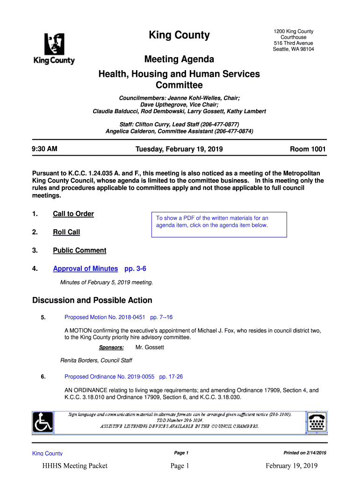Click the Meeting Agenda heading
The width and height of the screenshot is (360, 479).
[179, 59]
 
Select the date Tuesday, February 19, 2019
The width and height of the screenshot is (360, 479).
[179, 149]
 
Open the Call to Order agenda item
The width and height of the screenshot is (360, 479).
[73, 214]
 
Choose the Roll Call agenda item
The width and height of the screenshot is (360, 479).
[66, 232]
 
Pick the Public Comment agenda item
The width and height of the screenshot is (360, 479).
[79, 250]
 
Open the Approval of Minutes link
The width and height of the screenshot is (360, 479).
[86, 269]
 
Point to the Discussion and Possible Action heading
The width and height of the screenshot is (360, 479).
[92, 300]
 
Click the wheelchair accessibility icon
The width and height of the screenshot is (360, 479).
[43, 422]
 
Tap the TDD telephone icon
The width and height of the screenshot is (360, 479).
[317, 422]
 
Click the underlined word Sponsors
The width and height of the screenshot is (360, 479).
[111, 348]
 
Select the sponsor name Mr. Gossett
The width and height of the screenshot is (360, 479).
[150, 348]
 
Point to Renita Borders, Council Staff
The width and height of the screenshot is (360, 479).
[96, 361]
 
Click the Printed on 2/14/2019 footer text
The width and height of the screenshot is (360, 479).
[305, 453]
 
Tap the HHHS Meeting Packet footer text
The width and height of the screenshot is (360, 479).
[75, 465]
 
